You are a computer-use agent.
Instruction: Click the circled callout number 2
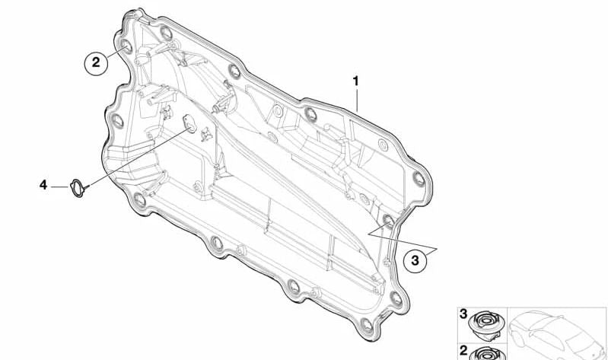coord(96,62)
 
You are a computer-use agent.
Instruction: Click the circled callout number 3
coord(415,260)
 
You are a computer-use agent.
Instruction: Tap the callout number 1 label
coord(355,81)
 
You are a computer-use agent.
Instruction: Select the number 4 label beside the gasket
coord(43,185)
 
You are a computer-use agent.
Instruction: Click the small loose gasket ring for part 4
coord(78,188)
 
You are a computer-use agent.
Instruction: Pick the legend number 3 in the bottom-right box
coord(463,314)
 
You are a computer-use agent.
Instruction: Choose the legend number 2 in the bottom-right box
coord(463,351)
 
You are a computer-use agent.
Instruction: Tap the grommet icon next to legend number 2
coord(488,354)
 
